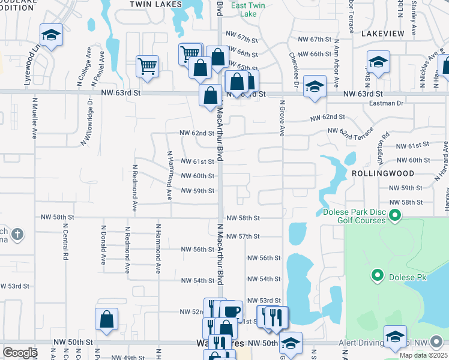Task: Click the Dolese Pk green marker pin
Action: (x=378, y=276)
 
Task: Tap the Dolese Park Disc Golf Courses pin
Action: (x=395, y=215)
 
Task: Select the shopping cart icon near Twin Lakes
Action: (x=147, y=66)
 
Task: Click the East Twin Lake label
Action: (x=248, y=10)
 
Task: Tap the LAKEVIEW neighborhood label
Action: (x=383, y=34)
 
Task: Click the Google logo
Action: (x=20, y=353)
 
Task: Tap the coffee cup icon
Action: (x=231, y=311)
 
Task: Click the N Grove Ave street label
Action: (x=281, y=118)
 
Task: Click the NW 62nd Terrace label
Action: (x=351, y=131)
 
